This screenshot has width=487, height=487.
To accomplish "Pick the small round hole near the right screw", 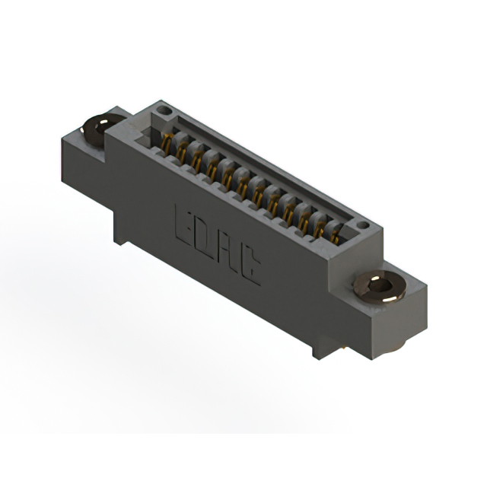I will [x=362, y=226].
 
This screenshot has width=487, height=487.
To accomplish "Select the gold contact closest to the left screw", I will [x=165, y=142].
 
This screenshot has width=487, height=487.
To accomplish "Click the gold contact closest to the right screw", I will [x=335, y=235].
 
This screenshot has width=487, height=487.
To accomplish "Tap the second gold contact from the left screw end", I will [x=181, y=151].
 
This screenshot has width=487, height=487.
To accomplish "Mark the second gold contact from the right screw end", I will [x=320, y=226].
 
